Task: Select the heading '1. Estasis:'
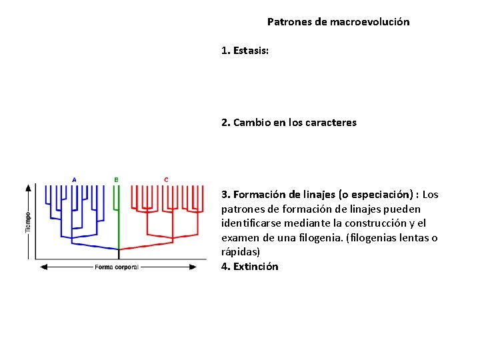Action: (245, 51)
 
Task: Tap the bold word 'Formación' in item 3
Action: (261, 195)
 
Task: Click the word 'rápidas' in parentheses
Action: (238, 253)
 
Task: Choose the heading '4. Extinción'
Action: (250, 267)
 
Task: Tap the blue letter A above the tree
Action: (74, 179)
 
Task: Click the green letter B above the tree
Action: (117, 179)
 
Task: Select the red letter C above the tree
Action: (166, 179)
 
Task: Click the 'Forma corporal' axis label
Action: (117, 267)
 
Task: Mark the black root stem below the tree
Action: (119, 253)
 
